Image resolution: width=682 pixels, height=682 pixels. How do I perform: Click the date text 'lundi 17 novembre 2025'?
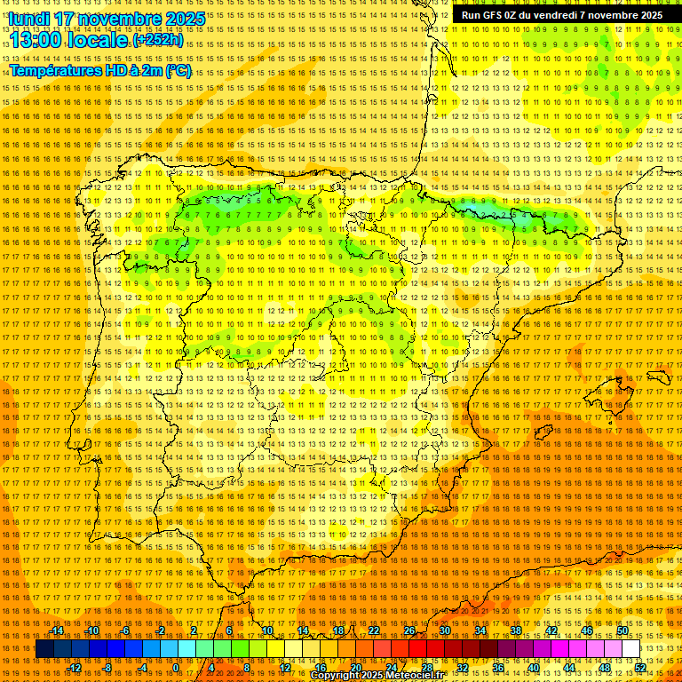tap(107, 19)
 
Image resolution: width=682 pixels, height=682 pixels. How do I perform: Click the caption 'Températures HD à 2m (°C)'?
tap(100, 70)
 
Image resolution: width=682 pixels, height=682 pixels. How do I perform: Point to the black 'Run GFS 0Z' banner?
tap(561, 15)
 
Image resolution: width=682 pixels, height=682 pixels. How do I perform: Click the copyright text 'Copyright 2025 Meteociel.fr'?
tap(377, 676)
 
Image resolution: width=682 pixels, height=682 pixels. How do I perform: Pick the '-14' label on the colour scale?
tap(57, 630)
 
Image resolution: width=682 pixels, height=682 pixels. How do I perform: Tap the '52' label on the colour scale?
tap(640, 667)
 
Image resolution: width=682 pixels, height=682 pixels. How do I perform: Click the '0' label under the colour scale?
tap(177, 667)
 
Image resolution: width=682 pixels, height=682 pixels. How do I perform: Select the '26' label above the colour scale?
tap(409, 630)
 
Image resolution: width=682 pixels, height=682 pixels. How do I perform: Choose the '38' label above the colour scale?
tap(515, 630)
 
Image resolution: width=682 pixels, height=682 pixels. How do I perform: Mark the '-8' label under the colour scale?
tap(107, 667)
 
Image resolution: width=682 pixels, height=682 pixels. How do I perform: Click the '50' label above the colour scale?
tap(623, 630)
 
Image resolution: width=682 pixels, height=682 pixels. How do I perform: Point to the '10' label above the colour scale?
tap(267, 630)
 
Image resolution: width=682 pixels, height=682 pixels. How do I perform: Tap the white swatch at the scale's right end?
tap(631, 649)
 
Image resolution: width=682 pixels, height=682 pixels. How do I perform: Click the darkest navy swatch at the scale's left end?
tap(44, 649)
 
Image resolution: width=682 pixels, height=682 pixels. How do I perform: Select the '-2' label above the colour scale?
tap(161, 630)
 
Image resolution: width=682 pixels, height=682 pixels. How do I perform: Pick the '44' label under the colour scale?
tap(569, 667)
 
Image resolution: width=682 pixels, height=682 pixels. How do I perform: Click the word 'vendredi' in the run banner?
tap(558, 15)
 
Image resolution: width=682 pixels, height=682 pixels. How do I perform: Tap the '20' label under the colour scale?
tap(355, 667)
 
